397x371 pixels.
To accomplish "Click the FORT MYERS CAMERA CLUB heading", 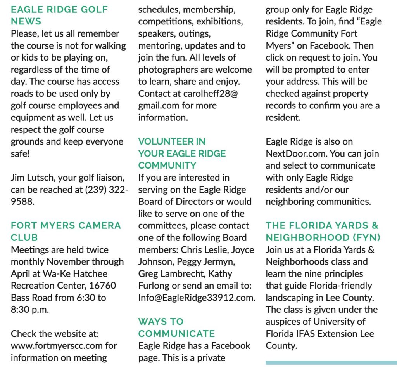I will pyautogui.click(x=66, y=232).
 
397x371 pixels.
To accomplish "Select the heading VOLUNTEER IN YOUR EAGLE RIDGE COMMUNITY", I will pyautogui.click(x=182, y=153).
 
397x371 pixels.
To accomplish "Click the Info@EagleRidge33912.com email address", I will pyautogui.click(x=197, y=298).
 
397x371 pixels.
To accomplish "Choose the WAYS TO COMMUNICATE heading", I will pyautogui.click(x=176, y=327).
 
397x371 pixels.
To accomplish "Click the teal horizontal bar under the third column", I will pyautogui.click(x=331, y=362).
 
